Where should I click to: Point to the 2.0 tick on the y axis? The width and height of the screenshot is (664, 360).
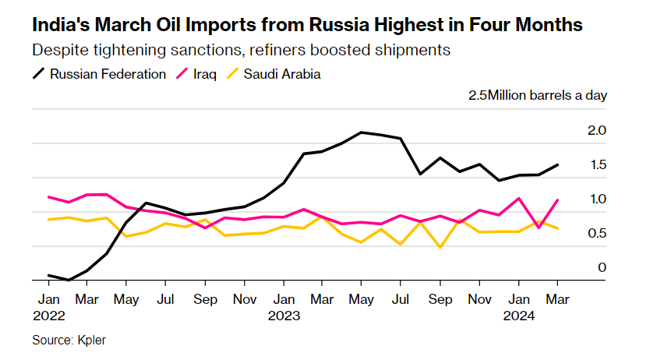tap(597, 130)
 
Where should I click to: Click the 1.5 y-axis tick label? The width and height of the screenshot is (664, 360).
tap(597, 164)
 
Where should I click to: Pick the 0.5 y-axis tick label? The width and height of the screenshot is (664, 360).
tap(597, 233)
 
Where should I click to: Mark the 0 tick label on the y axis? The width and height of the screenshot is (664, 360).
tap(602, 267)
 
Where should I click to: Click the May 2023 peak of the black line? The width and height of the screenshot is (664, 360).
tap(362, 132)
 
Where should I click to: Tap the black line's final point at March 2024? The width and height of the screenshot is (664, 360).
tap(557, 164)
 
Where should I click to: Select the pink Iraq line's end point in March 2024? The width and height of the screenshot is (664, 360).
tap(557, 200)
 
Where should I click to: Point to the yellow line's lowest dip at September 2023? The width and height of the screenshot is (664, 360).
tap(440, 248)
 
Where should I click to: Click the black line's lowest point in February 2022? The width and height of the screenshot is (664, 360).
tap(68, 280)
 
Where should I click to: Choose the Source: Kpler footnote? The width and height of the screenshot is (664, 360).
tap(69, 341)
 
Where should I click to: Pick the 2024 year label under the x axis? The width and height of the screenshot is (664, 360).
tap(518, 317)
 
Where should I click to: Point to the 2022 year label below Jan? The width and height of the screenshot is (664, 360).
tap(48, 317)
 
